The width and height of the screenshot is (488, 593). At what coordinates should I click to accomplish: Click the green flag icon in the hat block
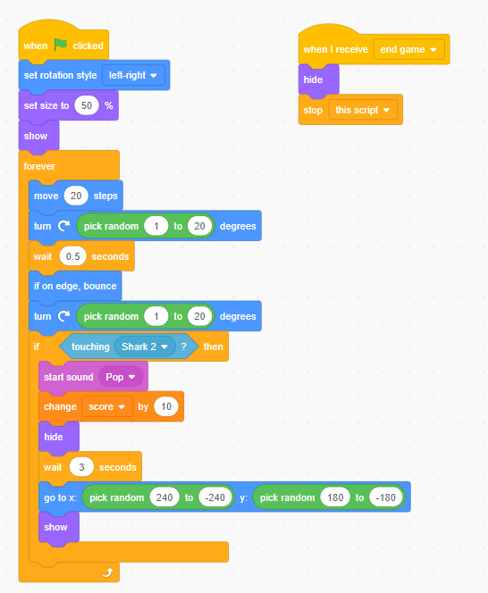click(61, 45)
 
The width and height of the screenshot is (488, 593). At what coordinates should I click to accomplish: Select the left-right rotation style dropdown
click(133, 75)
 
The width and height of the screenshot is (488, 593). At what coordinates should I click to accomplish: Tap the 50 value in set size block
click(87, 105)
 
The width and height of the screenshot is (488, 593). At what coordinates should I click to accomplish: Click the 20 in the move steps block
click(76, 196)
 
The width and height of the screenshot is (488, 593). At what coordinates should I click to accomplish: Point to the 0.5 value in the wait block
click(72, 256)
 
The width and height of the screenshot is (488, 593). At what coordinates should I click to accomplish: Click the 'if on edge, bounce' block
click(75, 286)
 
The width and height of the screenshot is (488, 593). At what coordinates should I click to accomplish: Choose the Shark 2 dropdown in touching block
click(145, 347)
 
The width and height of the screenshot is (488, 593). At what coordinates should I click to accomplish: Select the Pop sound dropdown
click(121, 377)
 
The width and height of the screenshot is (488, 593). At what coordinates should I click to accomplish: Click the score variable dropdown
click(107, 406)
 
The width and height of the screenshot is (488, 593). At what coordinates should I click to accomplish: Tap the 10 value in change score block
click(166, 406)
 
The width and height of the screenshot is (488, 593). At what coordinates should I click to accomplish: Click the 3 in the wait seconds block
click(81, 467)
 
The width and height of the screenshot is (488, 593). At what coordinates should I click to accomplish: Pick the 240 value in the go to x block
click(164, 497)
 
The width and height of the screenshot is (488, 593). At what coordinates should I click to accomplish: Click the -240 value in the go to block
click(215, 497)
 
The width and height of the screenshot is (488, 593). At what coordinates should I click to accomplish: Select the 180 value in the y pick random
click(335, 497)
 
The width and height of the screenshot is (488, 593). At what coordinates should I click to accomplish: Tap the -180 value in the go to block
click(385, 497)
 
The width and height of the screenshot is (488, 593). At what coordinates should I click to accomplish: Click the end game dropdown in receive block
click(408, 49)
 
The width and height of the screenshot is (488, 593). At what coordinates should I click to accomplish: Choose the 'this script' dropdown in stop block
click(363, 110)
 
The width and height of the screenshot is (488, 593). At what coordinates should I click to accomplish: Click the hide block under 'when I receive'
click(318, 79)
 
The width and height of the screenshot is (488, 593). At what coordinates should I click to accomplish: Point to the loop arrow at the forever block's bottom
click(108, 572)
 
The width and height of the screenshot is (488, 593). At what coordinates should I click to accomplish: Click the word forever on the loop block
click(39, 166)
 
